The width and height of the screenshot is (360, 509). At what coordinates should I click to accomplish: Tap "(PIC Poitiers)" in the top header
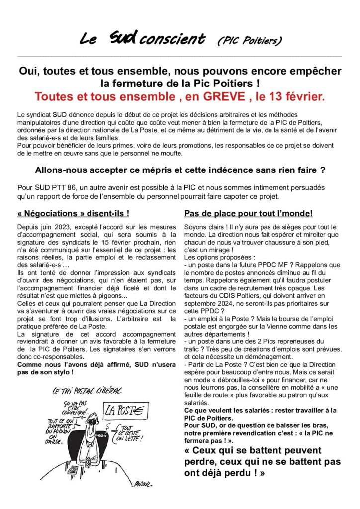pos(250,40)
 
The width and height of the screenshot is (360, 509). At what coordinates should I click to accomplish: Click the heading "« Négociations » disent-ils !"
pos(73,214)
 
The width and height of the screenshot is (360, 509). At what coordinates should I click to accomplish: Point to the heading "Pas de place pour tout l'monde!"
pos(248,214)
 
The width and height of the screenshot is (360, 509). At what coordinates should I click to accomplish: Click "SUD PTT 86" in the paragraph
pos(48,188)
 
